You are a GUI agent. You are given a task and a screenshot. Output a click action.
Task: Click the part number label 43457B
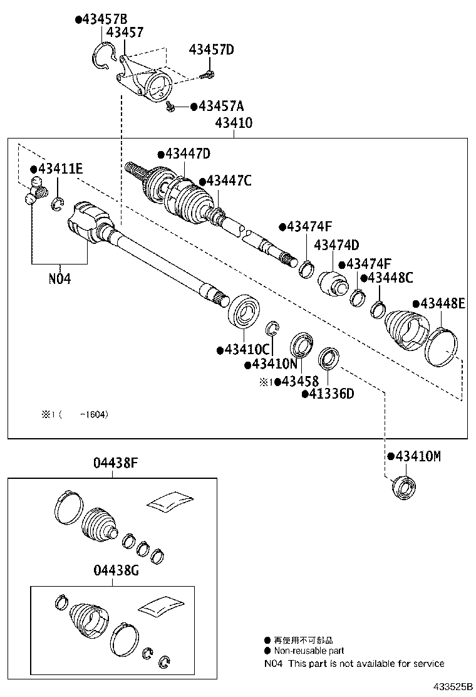[x=104, y=19]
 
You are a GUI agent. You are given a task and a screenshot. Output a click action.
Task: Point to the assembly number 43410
[x=233, y=123]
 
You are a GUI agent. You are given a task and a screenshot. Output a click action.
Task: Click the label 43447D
[x=187, y=154]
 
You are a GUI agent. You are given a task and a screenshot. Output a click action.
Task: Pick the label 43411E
[x=60, y=169]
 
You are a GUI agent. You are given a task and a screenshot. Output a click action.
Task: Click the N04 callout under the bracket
[x=59, y=278]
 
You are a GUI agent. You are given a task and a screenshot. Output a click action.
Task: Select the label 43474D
[x=336, y=244]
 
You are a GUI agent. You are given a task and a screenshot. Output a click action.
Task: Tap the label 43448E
[x=443, y=304]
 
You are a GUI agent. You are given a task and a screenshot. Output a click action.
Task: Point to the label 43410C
[x=246, y=349]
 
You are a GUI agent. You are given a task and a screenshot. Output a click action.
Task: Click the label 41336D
[x=331, y=394]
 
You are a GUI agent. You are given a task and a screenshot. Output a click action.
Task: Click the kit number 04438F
[x=115, y=464]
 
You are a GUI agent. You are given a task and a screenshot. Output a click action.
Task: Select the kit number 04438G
[x=115, y=570]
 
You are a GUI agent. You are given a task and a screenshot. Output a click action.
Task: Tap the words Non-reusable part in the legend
[x=308, y=651]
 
